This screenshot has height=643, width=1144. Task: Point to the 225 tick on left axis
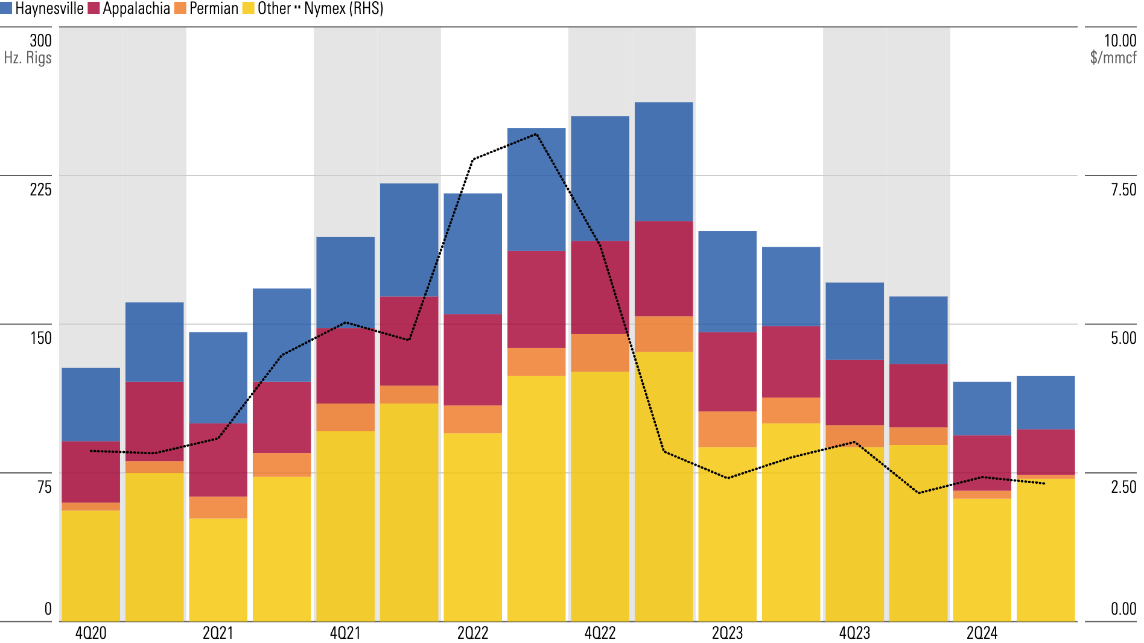tap(41, 189)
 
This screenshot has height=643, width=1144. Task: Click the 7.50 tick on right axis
tap(1123, 189)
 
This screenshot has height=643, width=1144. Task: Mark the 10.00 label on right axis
tap(1120, 40)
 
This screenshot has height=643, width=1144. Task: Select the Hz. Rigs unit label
tap(28, 58)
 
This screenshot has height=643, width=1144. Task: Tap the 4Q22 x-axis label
tap(600, 633)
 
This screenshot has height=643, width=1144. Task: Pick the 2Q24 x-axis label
tap(982, 633)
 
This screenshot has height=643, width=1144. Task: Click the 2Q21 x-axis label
tap(218, 633)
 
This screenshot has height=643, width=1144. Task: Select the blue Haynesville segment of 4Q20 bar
tap(91, 404)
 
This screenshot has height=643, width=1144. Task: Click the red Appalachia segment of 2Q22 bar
tap(472, 360)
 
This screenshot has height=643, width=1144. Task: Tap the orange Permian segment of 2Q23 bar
tap(727, 429)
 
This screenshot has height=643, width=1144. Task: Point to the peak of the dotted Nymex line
tap(536, 134)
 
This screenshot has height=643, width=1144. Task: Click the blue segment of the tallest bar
tap(664, 162)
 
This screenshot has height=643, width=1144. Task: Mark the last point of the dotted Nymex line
tap(1045, 483)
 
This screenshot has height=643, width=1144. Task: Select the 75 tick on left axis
tap(45, 487)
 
